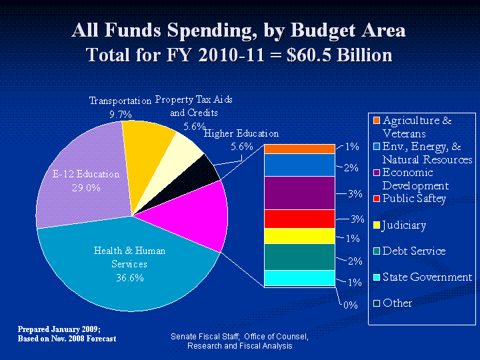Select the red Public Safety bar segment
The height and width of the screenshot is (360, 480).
pyautogui.click(x=299, y=219)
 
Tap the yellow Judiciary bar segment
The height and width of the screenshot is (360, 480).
pyautogui.click(x=299, y=236)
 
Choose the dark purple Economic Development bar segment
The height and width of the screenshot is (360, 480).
pyautogui.click(x=299, y=193)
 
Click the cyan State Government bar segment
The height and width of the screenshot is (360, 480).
pyautogui.click(x=299, y=277)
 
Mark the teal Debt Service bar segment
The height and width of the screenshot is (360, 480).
pyautogui.click(x=299, y=257)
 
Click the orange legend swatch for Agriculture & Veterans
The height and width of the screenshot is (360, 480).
pyautogui.click(x=376, y=121)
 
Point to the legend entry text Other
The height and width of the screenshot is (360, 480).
pyautogui.click(x=397, y=303)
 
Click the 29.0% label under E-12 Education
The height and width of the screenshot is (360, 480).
pyautogui.click(x=86, y=187)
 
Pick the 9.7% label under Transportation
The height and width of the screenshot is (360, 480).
pyautogui.click(x=120, y=114)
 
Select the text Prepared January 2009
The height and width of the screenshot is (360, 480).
pyautogui.click(x=59, y=329)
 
